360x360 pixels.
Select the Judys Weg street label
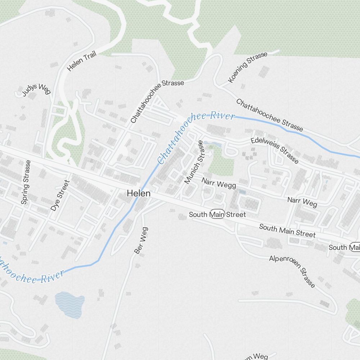point(36,90)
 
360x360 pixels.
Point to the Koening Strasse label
point(248,67)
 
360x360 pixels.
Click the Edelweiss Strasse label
point(274,150)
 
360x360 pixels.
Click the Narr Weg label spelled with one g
point(302,202)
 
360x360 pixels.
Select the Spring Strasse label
point(26,182)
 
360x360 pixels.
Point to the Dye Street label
point(59,195)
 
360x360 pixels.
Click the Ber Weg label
point(141,240)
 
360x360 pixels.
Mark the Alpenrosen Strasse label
point(292,271)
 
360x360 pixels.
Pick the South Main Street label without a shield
point(287,231)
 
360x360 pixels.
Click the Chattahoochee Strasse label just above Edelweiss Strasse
point(269,115)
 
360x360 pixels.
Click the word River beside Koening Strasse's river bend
point(222,116)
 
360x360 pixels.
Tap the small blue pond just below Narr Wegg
point(242,192)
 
